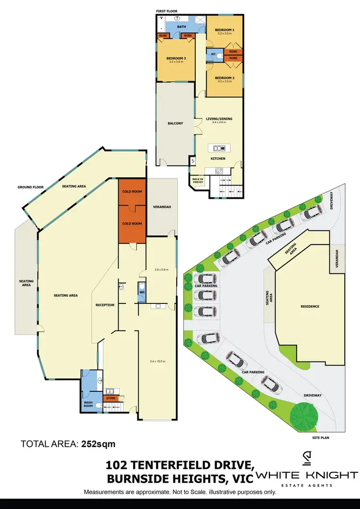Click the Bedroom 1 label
(225, 30)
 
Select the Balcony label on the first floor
(175, 123)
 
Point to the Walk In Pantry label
(198, 181)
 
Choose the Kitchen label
(218, 159)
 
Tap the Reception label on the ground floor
(105, 305)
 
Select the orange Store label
(111, 398)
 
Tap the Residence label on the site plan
(310, 306)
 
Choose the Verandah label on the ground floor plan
(161, 207)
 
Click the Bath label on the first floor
(181, 27)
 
